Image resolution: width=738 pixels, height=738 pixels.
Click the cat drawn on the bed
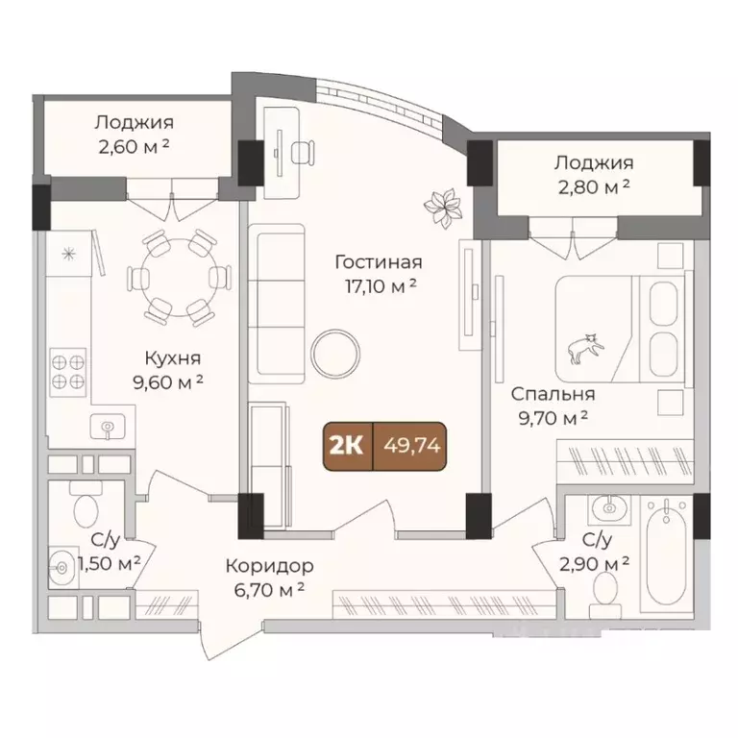click(x=583, y=348)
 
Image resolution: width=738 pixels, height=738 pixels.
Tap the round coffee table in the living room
click(x=335, y=354)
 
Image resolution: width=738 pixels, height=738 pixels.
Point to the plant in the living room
click(x=444, y=207)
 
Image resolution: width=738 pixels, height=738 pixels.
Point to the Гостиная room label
click(x=379, y=261)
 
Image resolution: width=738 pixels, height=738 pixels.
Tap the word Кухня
click(x=172, y=358)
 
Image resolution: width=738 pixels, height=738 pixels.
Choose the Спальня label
click(x=553, y=394)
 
